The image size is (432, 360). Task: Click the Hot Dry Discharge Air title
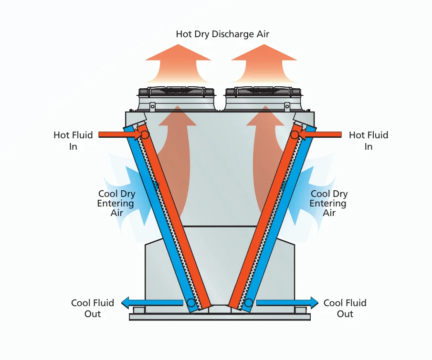pyautogui.click(x=222, y=34)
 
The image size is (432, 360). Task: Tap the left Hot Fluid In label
pyautogui.click(x=73, y=141)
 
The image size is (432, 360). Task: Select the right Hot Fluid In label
pyautogui.click(x=369, y=141)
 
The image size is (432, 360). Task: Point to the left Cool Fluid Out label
pyautogui.click(x=92, y=308)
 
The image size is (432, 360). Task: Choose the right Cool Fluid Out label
pyautogui.click(x=345, y=308)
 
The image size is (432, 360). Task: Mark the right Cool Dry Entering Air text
pyautogui.click(x=328, y=203)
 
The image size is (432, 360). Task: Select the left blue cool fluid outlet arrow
pyautogui.click(x=152, y=303)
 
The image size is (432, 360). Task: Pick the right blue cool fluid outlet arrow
pyautogui.click(x=287, y=303)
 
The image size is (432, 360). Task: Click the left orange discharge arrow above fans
pyautogui.click(x=178, y=63)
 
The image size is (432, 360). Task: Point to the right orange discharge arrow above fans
pyautogui.click(x=264, y=63)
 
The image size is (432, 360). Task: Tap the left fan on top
pyautogui.click(x=176, y=92)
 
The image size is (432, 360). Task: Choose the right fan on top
pyautogui.click(x=263, y=92)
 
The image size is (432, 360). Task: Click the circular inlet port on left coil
pyautogui.click(x=145, y=135)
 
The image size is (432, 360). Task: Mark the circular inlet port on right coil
pyautogui.click(x=295, y=135)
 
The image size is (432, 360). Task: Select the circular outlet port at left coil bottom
pyautogui.click(x=191, y=303)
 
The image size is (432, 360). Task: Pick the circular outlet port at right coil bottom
pyautogui.click(x=249, y=303)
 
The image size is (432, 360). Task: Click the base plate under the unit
pyautogui.click(x=220, y=317)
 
